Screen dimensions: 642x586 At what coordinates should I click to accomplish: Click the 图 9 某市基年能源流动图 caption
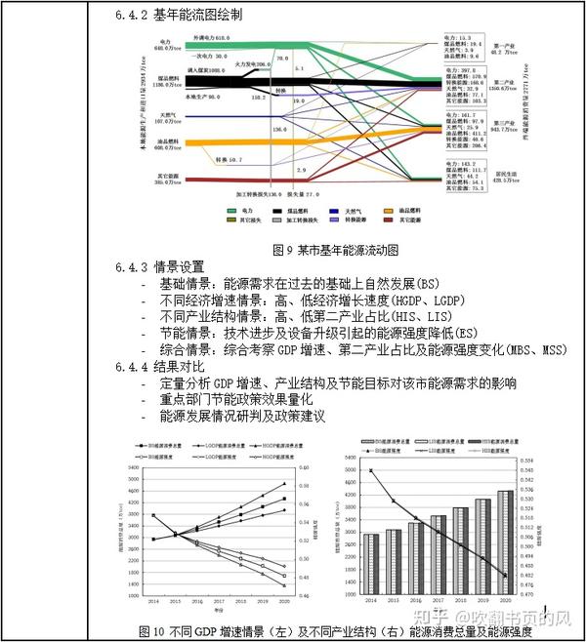point(335,249)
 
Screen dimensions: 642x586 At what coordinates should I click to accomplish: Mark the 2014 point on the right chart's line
point(371,471)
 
